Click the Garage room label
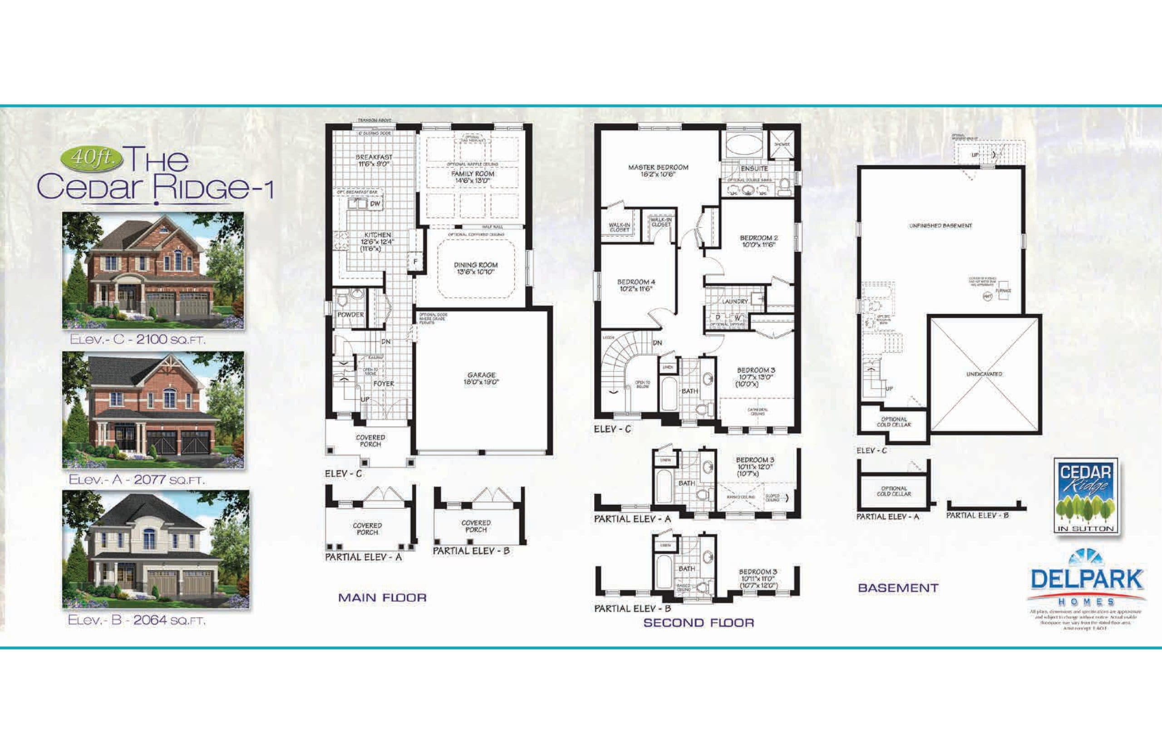pos(481,378)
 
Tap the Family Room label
pos(473,176)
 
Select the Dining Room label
pos(476,268)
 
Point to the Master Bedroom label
pos(658,170)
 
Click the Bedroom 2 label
pos(758,241)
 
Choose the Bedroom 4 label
pos(635,285)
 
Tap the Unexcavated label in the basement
pos(984,374)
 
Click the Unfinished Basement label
pos(940,226)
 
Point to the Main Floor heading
pos(382,597)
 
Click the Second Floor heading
pos(699,623)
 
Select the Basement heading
pos(898,588)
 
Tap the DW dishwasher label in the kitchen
pos(375,204)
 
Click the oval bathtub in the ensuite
pos(744,145)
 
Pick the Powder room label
pos(350,315)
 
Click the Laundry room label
pos(734,302)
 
